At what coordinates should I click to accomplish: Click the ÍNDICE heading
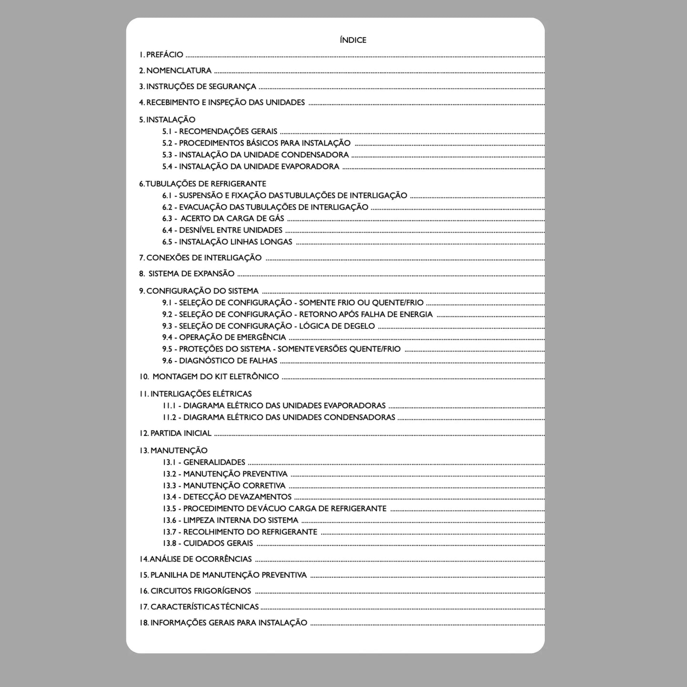(x=353, y=40)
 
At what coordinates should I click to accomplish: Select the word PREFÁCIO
(x=165, y=55)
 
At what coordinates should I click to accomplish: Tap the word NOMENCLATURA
(x=179, y=71)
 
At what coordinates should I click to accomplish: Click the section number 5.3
(x=167, y=155)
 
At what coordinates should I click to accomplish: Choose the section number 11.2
(x=169, y=417)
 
